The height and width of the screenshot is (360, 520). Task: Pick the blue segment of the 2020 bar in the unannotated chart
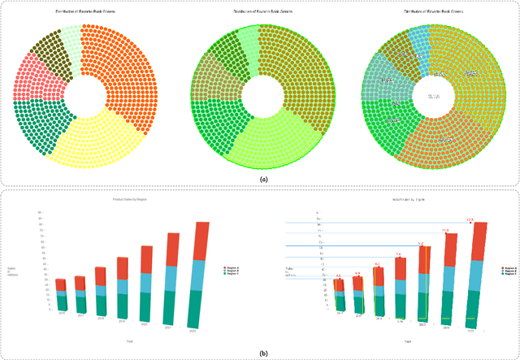146,282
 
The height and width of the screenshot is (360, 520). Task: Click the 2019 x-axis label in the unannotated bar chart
122,321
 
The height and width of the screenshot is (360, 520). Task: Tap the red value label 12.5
469,220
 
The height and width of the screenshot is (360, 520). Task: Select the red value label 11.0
444,231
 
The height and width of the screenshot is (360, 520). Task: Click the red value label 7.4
398,254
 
